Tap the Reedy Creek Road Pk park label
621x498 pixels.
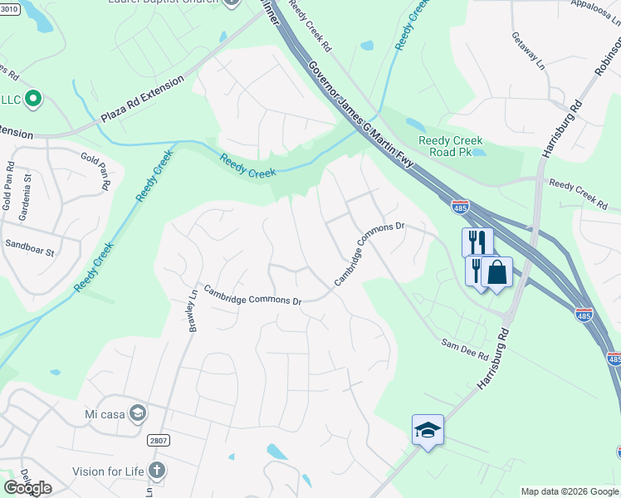(x=451, y=147)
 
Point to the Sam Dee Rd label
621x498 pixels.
(x=465, y=349)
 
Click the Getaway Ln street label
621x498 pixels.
(x=527, y=51)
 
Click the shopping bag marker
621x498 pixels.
(x=496, y=272)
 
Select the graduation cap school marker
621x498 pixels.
(x=428, y=429)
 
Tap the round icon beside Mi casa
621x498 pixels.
(x=138, y=413)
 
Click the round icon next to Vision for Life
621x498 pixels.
(x=156, y=471)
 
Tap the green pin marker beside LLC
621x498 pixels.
(x=33, y=99)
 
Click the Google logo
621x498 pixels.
(x=27, y=488)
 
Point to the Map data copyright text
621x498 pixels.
(x=569, y=491)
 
